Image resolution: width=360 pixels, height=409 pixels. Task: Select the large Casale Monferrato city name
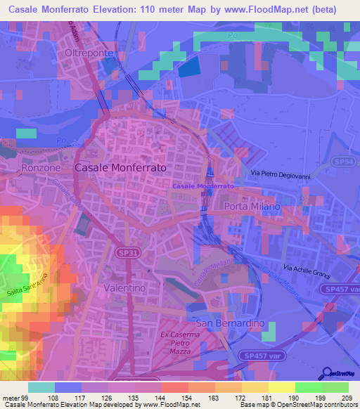120,169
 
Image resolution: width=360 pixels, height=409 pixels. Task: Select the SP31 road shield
127,250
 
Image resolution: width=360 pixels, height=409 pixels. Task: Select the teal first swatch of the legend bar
41,387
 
